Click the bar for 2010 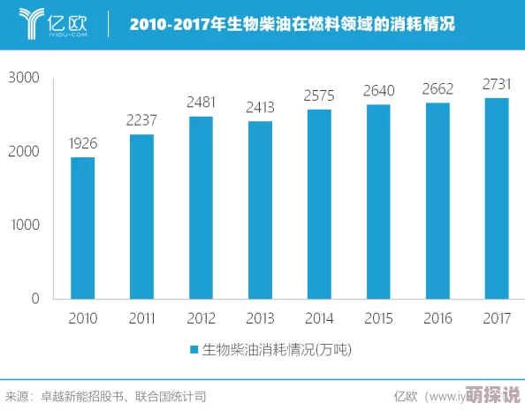[82, 228]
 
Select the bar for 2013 [260, 209]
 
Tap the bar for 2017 [497, 198]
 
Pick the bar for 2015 [378, 202]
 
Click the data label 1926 [82, 143]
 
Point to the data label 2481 [201, 103]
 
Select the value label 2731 [497, 84]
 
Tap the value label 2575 [319, 95]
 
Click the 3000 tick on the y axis [24, 78]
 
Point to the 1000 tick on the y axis [24, 225]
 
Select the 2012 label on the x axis [201, 317]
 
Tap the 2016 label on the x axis [437, 317]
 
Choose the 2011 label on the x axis [141, 317]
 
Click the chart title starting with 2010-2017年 [292, 25]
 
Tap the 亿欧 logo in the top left [52, 24]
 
